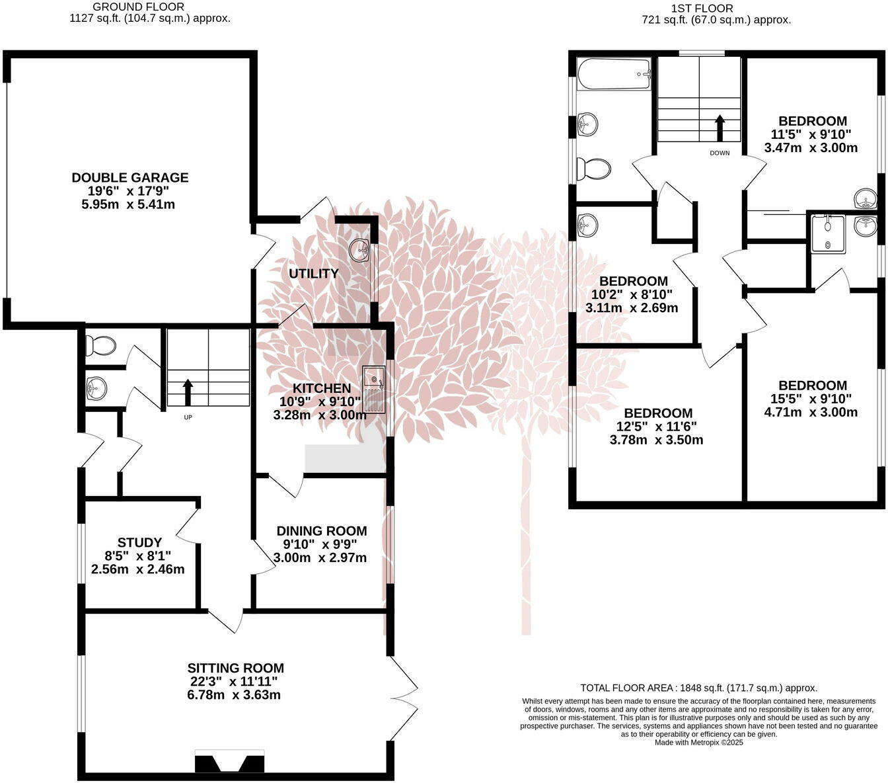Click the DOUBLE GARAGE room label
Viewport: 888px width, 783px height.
[130, 177]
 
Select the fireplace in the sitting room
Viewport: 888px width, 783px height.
[230, 762]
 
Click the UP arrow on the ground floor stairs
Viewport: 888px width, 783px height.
[188, 391]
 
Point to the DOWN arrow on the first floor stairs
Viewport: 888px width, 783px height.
[720, 128]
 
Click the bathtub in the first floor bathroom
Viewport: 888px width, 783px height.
[614, 73]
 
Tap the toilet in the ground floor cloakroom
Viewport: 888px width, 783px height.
[100, 345]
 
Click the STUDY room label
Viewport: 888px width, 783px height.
[139, 542]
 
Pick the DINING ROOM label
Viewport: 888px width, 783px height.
[321, 530]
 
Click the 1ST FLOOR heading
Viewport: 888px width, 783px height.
[702, 8]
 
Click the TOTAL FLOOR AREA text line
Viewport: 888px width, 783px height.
[698, 688]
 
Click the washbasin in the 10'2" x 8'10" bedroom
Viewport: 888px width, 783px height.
[587, 226]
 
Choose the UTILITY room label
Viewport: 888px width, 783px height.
[314, 273]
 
